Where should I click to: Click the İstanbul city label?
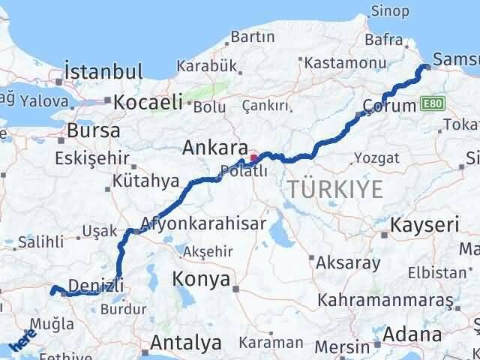point(103,72)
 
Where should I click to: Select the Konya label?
point(201,279)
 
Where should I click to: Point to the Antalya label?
point(186,343)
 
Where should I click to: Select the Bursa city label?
point(93,130)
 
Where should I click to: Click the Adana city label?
point(414,334)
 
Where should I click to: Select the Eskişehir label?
point(91,158)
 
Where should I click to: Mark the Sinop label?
point(390,11)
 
